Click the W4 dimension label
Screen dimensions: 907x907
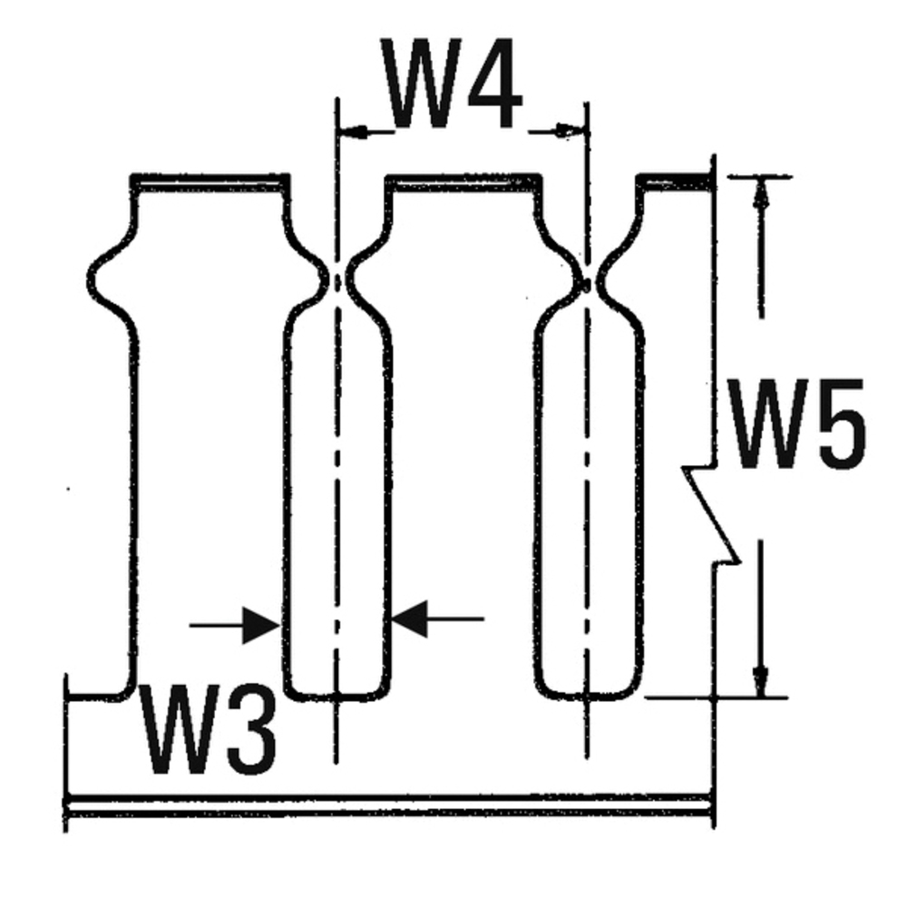(x=453, y=86)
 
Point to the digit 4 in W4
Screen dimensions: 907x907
(x=491, y=86)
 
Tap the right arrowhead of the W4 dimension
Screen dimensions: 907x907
(x=570, y=132)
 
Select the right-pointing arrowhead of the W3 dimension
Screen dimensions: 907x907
(x=263, y=624)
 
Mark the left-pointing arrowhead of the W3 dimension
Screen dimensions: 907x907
(x=410, y=620)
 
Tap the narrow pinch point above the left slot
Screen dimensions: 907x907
(x=338, y=282)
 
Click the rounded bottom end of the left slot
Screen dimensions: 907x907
(x=337, y=693)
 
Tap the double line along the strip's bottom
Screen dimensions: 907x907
(x=390, y=805)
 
